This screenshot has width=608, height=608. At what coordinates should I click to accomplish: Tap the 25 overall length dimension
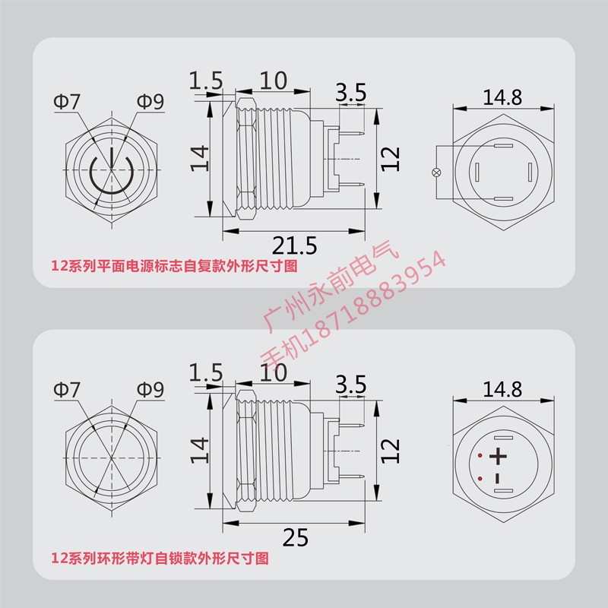point(296,538)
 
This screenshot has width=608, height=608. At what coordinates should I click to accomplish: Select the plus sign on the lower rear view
point(498,457)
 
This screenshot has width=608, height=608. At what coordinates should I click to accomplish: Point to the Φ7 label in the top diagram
point(66,102)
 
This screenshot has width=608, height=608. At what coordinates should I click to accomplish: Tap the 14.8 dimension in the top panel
point(502,97)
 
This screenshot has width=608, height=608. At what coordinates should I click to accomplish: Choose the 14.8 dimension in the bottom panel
point(502,390)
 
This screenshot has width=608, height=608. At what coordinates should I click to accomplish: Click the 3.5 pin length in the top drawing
point(350,93)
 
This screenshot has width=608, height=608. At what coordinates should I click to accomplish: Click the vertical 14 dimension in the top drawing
point(199,158)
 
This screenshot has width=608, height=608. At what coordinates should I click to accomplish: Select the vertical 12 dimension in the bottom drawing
point(389,450)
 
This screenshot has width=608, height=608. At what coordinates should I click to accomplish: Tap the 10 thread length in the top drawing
point(273,80)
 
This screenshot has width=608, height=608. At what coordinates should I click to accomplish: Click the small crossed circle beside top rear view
point(436,173)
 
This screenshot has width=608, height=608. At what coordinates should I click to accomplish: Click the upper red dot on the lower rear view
point(480,455)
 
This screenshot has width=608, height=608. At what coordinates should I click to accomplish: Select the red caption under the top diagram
point(173,266)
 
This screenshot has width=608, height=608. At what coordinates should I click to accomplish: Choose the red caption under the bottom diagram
point(160,559)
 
